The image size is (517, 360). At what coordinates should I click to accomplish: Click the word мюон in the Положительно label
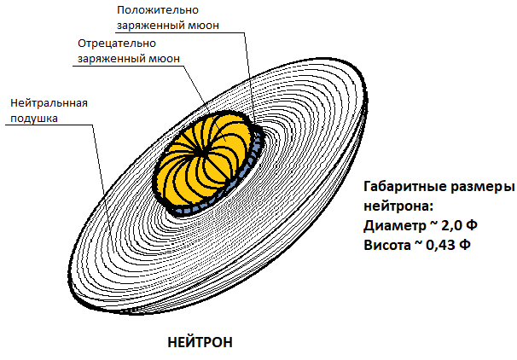[202, 26]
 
